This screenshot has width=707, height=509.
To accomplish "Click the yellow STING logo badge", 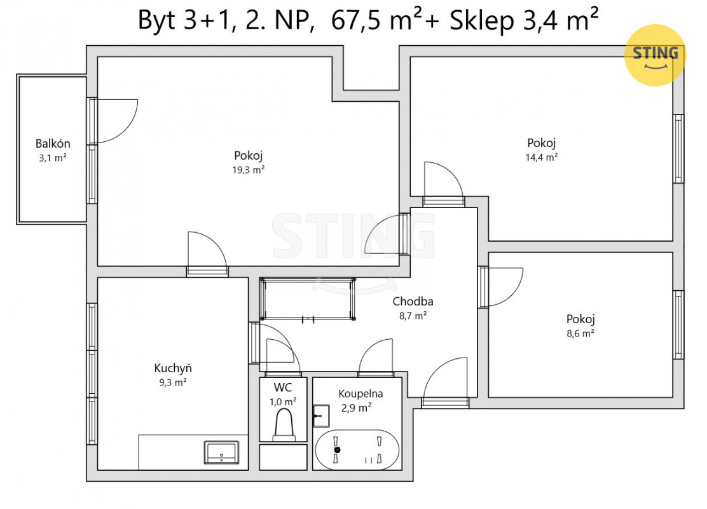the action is [x=655, y=55].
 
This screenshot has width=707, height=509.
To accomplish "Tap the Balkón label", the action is [x=53, y=144].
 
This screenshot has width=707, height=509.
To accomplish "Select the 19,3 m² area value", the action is [x=248, y=170].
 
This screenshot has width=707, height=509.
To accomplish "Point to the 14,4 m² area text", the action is [x=541, y=157].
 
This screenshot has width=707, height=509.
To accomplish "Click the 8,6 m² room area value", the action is [x=580, y=333].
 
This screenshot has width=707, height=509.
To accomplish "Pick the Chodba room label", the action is [x=413, y=301].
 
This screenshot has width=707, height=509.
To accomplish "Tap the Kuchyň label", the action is [x=173, y=368].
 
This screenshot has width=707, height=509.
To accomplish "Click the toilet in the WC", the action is [x=284, y=424].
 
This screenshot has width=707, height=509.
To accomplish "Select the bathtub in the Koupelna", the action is [x=357, y=449].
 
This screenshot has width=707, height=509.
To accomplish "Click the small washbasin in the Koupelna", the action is [x=321, y=415].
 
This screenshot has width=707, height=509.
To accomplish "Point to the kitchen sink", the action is [x=221, y=452].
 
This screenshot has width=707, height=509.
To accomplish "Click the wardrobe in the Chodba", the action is [x=308, y=299].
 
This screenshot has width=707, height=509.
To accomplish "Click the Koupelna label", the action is [x=360, y=393].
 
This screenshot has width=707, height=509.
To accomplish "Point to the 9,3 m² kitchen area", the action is [x=173, y=382].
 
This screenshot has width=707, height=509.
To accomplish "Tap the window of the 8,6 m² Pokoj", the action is [x=678, y=325].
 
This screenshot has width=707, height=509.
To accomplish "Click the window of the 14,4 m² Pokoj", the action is [x=678, y=149].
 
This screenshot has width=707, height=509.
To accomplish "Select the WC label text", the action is [x=283, y=387].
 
